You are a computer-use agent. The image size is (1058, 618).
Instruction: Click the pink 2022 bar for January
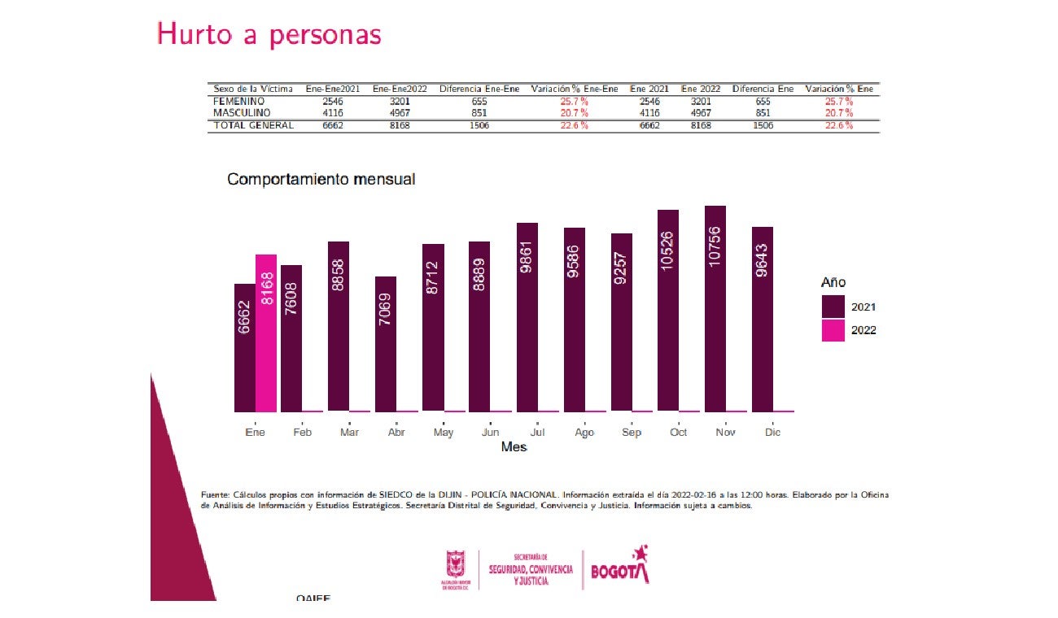point(266,333)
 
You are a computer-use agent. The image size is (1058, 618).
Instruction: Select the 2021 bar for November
point(715,309)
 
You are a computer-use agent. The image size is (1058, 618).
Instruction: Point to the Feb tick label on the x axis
point(302,433)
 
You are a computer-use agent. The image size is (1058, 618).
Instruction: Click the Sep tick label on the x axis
point(632,433)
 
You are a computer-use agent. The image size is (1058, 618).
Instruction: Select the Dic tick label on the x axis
point(772,433)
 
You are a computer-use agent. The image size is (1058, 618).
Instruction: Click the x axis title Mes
point(514,447)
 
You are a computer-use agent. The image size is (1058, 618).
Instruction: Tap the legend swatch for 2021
point(833,307)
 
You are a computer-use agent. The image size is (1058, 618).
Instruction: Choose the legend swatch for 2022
point(833,330)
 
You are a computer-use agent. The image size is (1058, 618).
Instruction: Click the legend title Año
point(833,282)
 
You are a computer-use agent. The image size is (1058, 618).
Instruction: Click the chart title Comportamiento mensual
point(321,179)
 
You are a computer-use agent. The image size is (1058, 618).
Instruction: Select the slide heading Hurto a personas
point(269,34)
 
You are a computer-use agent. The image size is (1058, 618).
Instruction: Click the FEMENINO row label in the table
point(239,102)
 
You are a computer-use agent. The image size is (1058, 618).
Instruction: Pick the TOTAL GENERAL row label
point(253,126)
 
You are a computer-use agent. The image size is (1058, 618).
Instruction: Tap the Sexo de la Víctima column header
point(252,89)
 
